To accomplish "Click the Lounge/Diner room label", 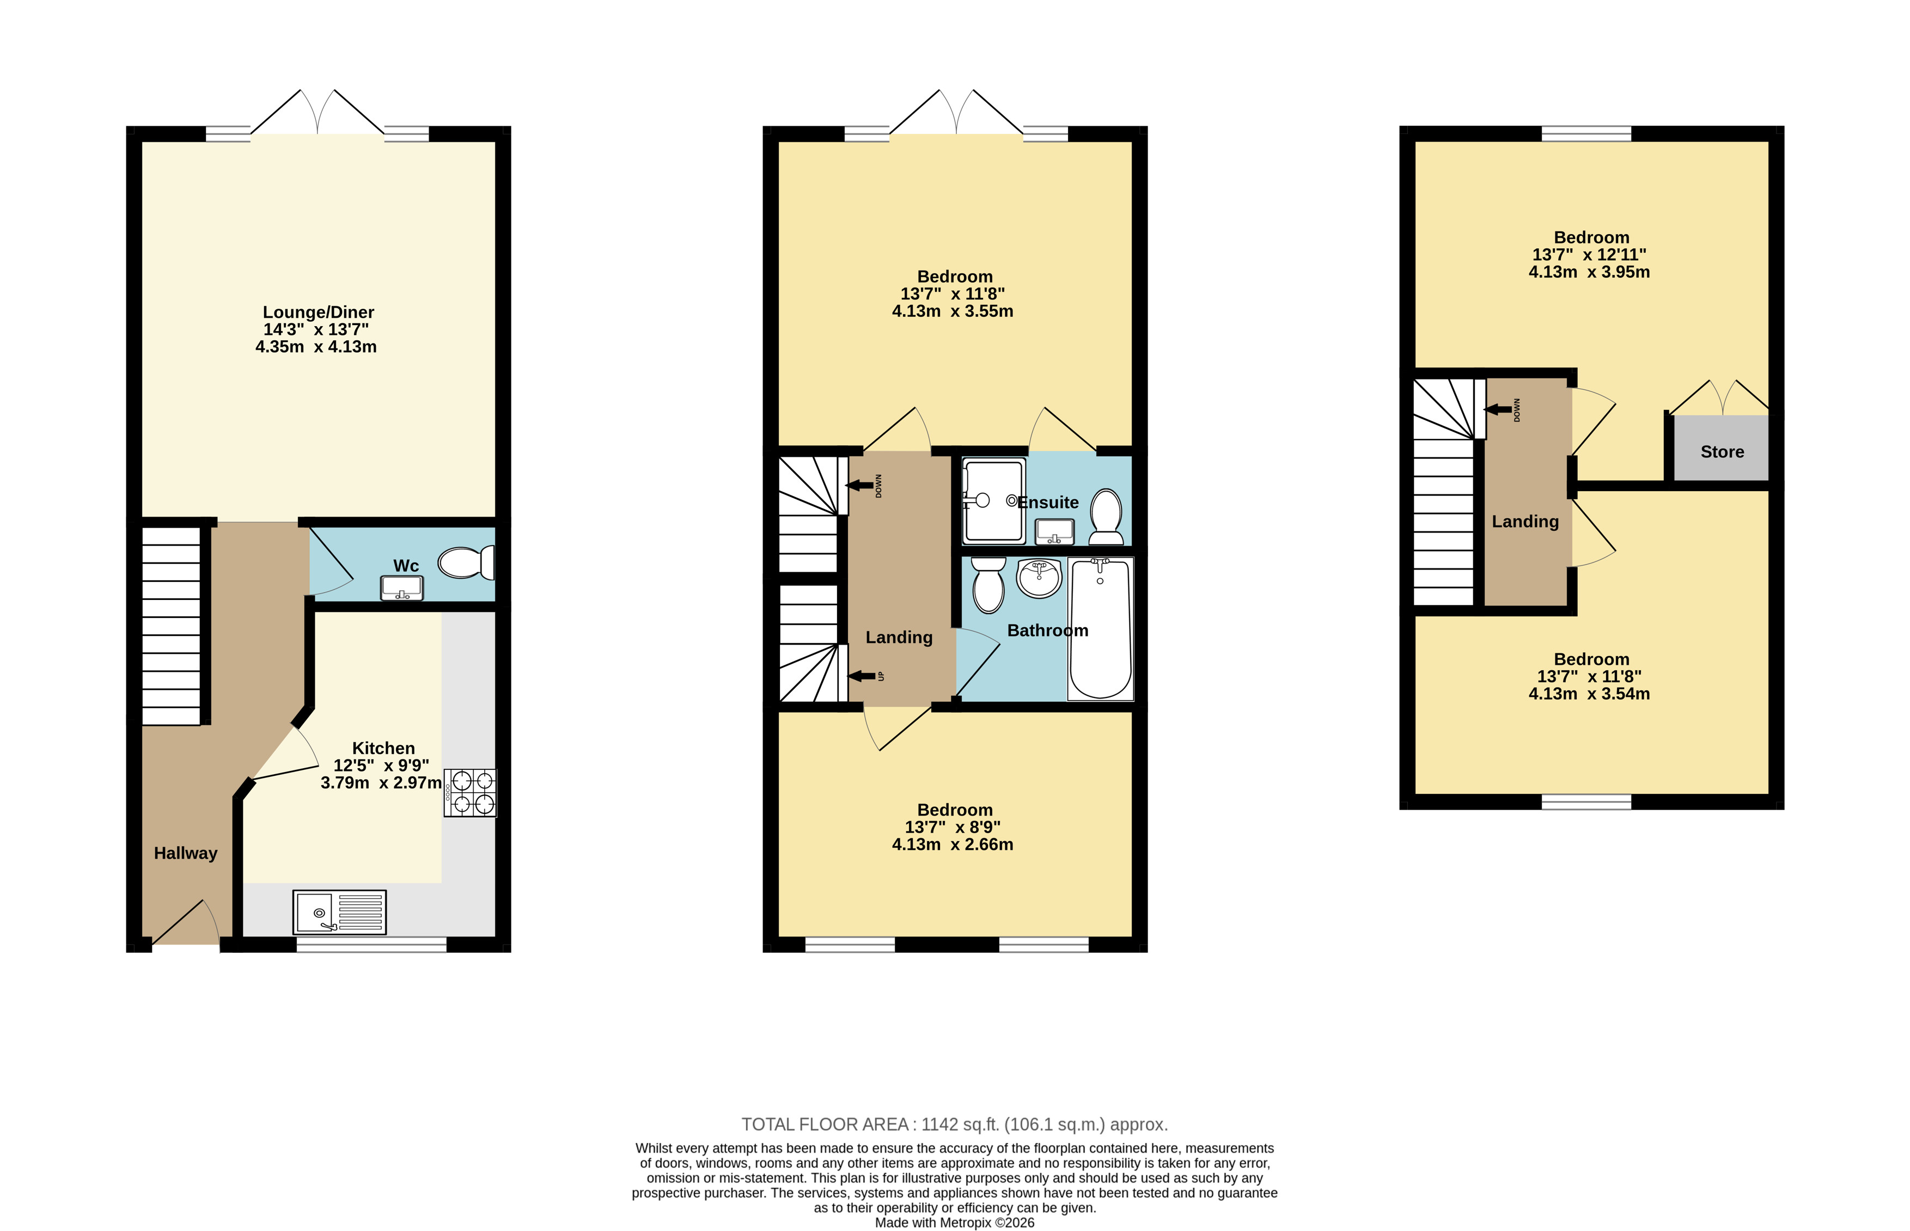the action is pyautogui.click(x=318, y=313).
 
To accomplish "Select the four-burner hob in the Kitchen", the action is pyautogui.click(x=470, y=793).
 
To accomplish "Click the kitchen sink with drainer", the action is pyautogui.click(x=339, y=912).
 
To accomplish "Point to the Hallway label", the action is pyautogui.click(x=186, y=853).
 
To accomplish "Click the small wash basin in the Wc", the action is pyautogui.click(x=401, y=589).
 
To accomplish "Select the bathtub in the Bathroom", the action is pyautogui.click(x=1100, y=629).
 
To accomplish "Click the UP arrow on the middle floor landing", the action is pyautogui.click(x=861, y=676).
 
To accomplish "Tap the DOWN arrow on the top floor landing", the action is pyautogui.click(x=1498, y=409).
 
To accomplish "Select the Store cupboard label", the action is pyautogui.click(x=1722, y=452).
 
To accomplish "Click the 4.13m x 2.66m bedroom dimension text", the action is pyautogui.click(x=952, y=844).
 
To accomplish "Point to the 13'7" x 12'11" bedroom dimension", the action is pyautogui.click(x=1589, y=255).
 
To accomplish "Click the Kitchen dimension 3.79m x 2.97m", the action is pyautogui.click(x=381, y=782).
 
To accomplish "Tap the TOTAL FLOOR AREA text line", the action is pyautogui.click(x=955, y=1125).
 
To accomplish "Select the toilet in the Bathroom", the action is pyautogui.click(x=989, y=585).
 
